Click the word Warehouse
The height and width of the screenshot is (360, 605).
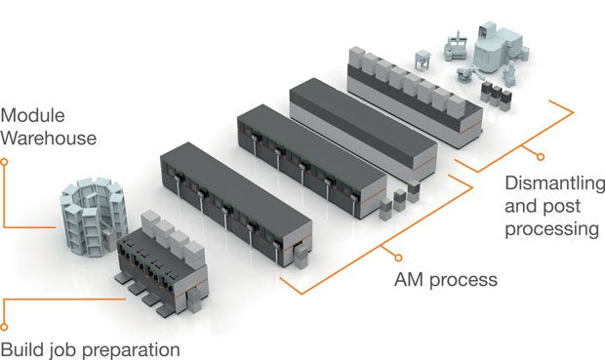pyautogui.click(x=50, y=138)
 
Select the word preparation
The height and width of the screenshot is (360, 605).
pyautogui.click(x=132, y=348)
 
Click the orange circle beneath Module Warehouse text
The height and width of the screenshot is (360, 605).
pyautogui.click(x=6, y=163)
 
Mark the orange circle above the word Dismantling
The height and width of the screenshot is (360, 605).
pyautogui.click(x=540, y=155)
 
